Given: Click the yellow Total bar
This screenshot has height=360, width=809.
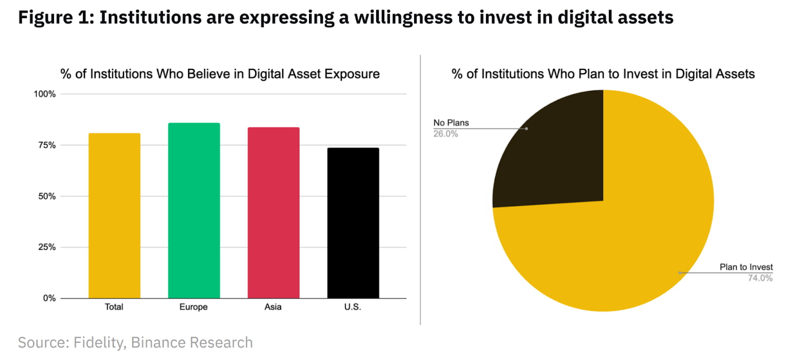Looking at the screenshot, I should (x=114, y=216).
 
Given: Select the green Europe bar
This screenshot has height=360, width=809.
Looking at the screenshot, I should (x=194, y=211).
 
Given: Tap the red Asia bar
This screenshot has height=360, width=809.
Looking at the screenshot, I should (x=273, y=213).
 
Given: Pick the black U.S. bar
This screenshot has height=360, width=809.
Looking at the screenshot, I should (x=353, y=223).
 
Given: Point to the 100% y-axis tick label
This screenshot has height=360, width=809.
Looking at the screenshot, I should (x=44, y=94).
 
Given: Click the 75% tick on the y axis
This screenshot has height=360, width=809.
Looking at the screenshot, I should (x=47, y=145).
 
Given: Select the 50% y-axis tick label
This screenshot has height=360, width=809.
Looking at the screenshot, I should (x=47, y=196).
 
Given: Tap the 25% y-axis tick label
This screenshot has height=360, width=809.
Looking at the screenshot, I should (x=47, y=247).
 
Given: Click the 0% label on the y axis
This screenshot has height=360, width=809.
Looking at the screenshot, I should (x=49, y=298).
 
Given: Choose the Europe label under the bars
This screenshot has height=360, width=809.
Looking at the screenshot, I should (x=193, y=307).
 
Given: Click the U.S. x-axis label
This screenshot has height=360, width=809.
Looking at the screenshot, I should (x=352, y=307).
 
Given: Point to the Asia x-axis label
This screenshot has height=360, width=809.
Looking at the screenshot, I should (x=273, y=307).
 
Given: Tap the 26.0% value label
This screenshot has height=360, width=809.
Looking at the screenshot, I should (x=445, y=134).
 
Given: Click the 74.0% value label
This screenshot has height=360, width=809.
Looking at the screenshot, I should (x=760, y=278).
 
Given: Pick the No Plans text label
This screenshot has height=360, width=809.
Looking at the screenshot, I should (x=451, y=123).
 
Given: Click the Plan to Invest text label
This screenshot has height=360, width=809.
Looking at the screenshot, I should (x=746, y=267).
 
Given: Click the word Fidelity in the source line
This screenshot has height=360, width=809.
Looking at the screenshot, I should (x=99, y=342).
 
